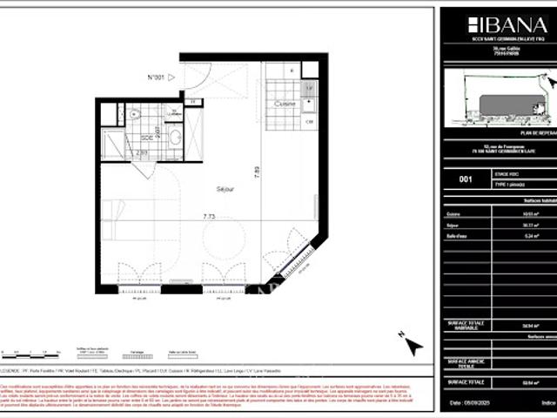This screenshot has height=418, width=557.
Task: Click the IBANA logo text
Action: point(497,24)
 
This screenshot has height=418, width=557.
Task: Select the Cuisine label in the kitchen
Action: point(285,104)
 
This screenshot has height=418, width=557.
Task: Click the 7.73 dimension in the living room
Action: point(209,217)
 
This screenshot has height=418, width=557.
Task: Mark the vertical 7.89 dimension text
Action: point(257,171)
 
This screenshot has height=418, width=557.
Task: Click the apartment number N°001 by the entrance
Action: point(157,78)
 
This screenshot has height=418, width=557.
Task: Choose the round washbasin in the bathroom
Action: point(176,138)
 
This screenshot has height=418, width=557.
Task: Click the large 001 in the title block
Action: point(465,179)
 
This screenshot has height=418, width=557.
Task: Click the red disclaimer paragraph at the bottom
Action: point(218,394)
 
